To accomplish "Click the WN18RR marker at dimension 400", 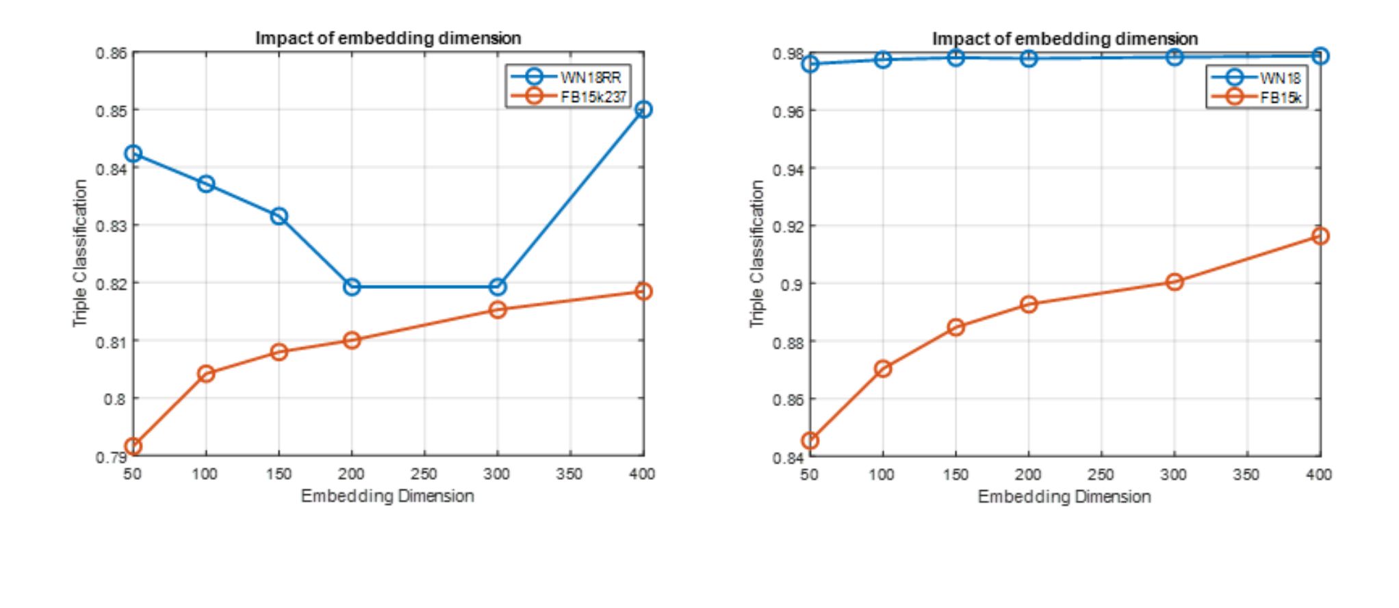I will [643, 110].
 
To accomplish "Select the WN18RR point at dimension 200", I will [352, 287].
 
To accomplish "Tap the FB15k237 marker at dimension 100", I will [206, 374].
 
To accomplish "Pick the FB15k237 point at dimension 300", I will [498, 310].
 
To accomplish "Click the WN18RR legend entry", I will [590, 77].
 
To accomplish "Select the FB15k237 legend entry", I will [593, 97].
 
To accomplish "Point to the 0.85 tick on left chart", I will [111, 110].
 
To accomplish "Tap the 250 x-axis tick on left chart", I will [424, 474].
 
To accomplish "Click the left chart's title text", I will [388, 38].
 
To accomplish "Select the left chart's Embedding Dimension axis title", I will [387, 496].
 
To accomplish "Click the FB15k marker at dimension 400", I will [1320, 236].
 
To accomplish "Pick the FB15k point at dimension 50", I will [810, 441].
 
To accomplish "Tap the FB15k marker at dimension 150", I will [956, 327].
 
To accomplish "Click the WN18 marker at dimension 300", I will [1175, 58].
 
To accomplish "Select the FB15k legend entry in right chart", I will [1281, 97].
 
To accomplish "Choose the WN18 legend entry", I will [1279, 78].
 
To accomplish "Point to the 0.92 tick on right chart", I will [788, 226].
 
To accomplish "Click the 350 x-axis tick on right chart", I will [1246, 474].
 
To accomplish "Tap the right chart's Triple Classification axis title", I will [756, 253].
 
